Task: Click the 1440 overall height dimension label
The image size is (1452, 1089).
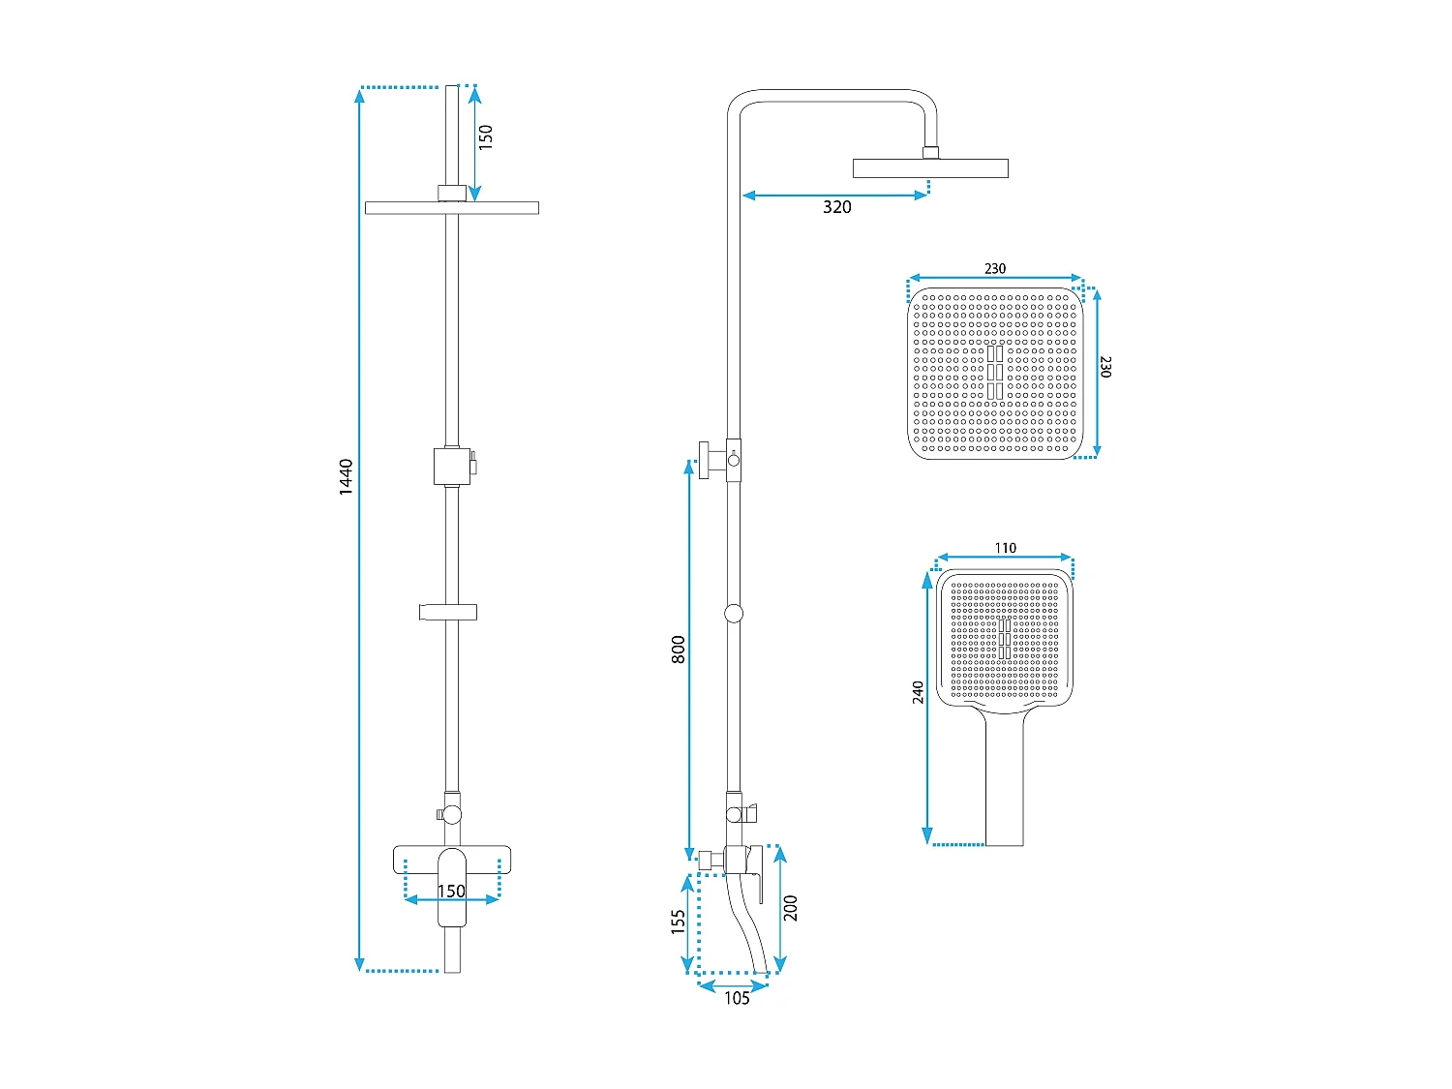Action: click(x=346, y=477)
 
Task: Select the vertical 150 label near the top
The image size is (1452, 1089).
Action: click(x=486, y=136)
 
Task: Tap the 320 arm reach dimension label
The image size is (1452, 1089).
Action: click(x=836, y=207)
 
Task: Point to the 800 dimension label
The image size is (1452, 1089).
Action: click(x=678, y=650)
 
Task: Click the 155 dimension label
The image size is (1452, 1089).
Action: click(x=678, y=921)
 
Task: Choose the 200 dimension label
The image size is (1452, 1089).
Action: click(x=791, y=907)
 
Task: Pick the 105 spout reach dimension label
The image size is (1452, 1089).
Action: click(x=737, y=999)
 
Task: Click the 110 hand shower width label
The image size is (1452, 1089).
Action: click(x=1005, y=548)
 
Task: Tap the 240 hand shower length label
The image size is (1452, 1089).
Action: click(x=918, y=692)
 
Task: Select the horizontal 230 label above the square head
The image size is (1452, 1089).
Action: click(x=995, y=269)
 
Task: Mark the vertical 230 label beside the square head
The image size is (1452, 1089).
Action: click(x=1105, y=367)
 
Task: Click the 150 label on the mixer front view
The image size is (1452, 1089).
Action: click(x=451, y=891)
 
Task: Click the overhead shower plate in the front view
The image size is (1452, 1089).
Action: click(x=451, y=207)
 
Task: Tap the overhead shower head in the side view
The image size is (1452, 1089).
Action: click(x=929, y=168)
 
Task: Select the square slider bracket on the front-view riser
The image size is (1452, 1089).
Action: click(x=452, y=466)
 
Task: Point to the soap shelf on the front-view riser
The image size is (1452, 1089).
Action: click(x=448, y=612)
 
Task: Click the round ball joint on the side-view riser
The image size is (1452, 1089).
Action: click(x=734, y=613)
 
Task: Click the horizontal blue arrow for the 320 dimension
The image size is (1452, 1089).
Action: click(x=835, y=196)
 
